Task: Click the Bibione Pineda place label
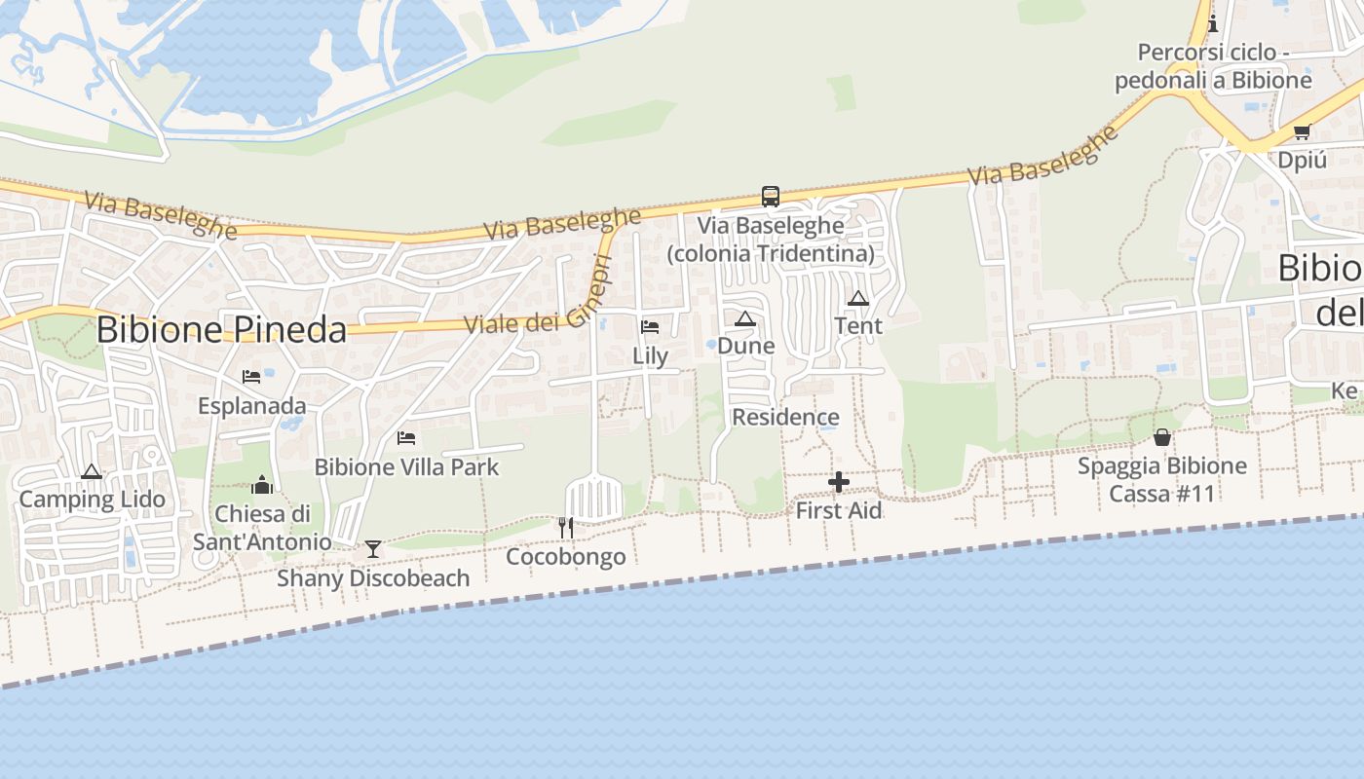click(x=221, y=330)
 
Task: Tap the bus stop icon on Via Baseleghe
click(x=771, y=197)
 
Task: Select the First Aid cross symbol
click(x=838, y=482)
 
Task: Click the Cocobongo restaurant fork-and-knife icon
click(x=566, y=528)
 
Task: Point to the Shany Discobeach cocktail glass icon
click(x=373, y=549)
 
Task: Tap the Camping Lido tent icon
click(x=92, y=472)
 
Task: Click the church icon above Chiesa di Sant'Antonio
click(x=262, y=484)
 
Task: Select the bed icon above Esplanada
click(x=251, y=377)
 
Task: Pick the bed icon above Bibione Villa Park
click(x=406, y=438)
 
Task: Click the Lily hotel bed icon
click(x=650, y=327)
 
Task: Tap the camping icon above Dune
click(x=745, y=318)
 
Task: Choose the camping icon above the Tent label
click(x=858, y=298)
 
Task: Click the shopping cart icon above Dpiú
click(x=1302, y=132)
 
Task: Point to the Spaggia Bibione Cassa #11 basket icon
click(x=1161, y=437)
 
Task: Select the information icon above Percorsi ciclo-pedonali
click(x=1213, y=23)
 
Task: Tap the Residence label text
click(x=785, y=418)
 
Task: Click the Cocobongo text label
click(x=566, y=557)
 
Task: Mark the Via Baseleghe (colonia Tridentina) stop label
click(x=770, y=240)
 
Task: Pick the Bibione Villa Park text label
click(x=406, y=467)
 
